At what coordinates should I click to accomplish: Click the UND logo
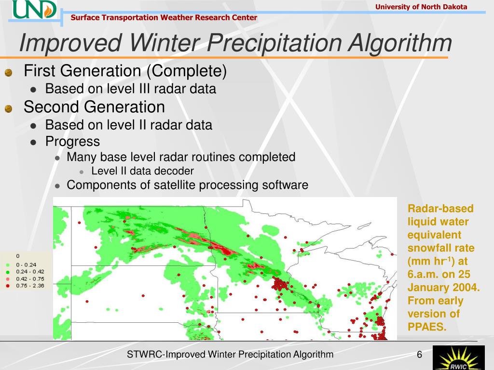tap(35, 10)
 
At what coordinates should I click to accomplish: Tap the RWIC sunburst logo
tap(458, 358)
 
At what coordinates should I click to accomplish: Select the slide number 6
tap(419, 355)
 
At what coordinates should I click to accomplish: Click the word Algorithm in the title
tap(400, 43)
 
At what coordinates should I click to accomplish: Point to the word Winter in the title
tap(164, 42)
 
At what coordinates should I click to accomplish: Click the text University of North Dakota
tap(421, 7)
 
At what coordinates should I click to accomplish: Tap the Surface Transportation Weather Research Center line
tap(164, 17)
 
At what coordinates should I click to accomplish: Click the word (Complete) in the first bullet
tap(187, 71)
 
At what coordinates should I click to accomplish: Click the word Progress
tap(72, 142)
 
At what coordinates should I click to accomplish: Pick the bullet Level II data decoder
tap(142, 171)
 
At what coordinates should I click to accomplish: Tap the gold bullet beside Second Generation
tap(9, 109)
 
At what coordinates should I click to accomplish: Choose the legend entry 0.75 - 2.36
tap(30, 286)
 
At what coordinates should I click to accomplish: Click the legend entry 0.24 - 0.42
tap(30, 272)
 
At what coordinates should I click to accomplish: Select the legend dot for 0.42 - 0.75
tap(8, 279)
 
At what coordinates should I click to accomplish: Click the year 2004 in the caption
tap(465, 287)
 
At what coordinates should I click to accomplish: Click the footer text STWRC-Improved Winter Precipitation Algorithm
tap(230, 355)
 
